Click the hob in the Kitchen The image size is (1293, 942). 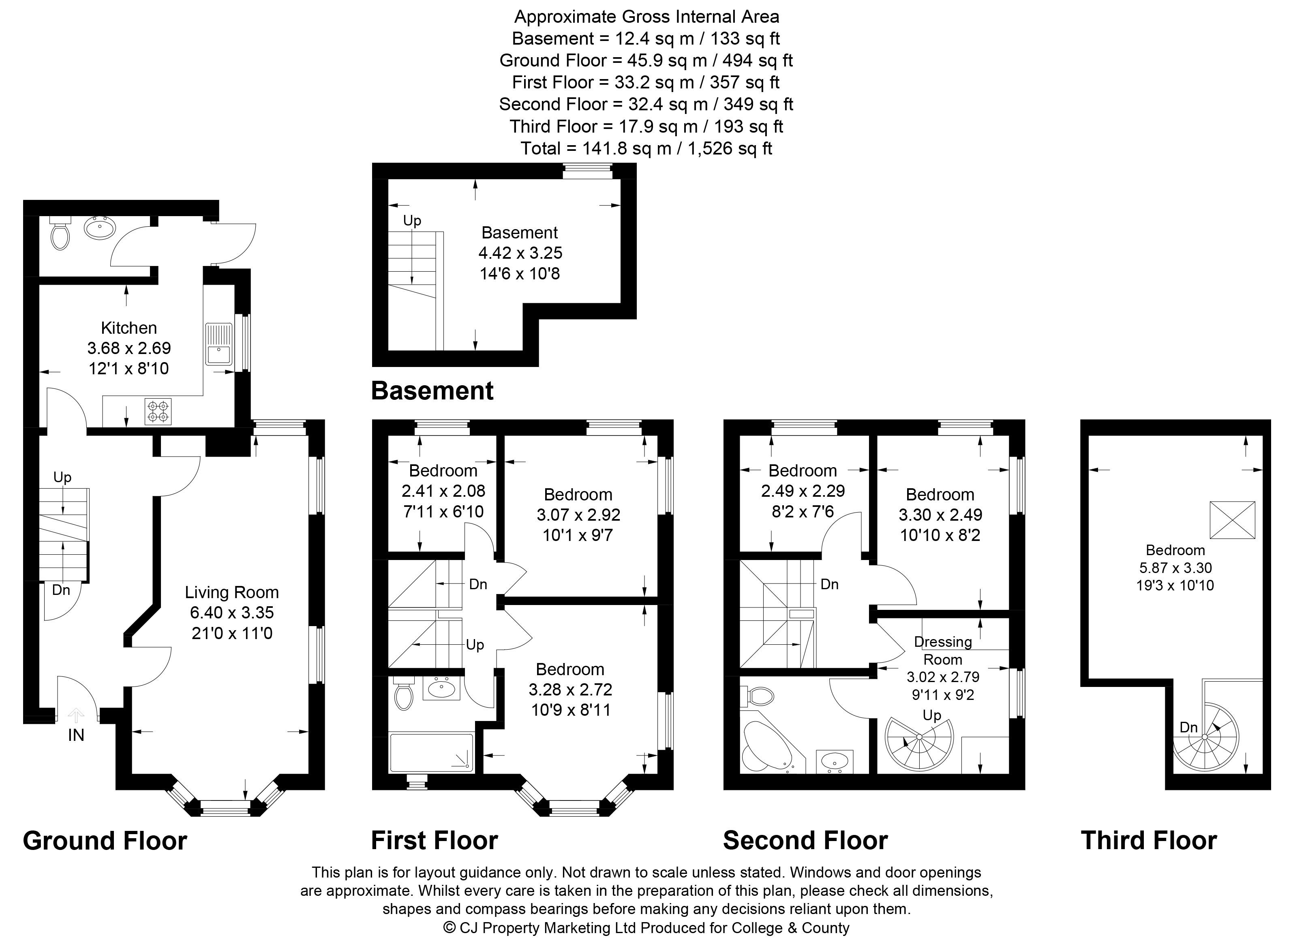(x=159, y=411)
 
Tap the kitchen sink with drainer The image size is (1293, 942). (x=219, y=344)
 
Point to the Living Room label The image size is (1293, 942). (x=231, y=592)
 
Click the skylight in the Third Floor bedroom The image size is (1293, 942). (x=1233, y=519)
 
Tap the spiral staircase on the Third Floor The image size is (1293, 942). (x=1205, y=737)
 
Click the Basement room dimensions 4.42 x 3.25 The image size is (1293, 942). (x=520, y=253)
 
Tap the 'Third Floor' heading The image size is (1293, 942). (x=1149, y=841)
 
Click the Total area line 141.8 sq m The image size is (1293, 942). (x=646, y=148)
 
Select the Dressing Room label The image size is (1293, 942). (x=943, y=650)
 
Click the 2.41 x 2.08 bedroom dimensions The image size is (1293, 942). (x=443, y=491)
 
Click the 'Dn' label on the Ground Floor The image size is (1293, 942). (x=60, y=590)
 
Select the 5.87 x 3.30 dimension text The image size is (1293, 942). (x=1175, y=568)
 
